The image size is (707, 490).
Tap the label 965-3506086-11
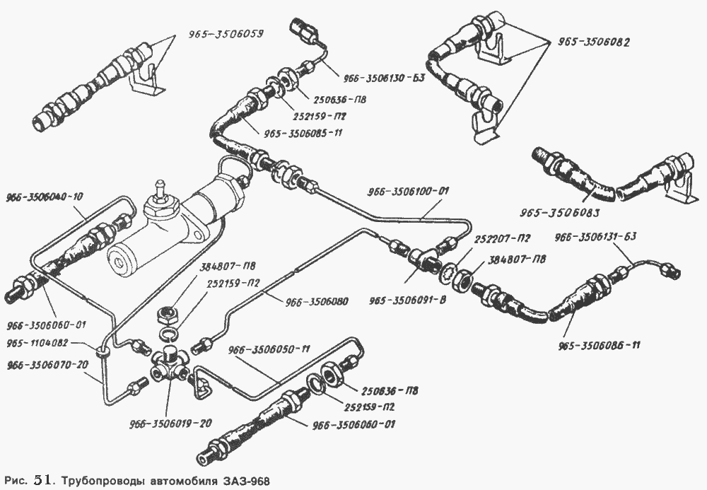coord(600,346)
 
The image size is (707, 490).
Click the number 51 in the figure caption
coord(40,480)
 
